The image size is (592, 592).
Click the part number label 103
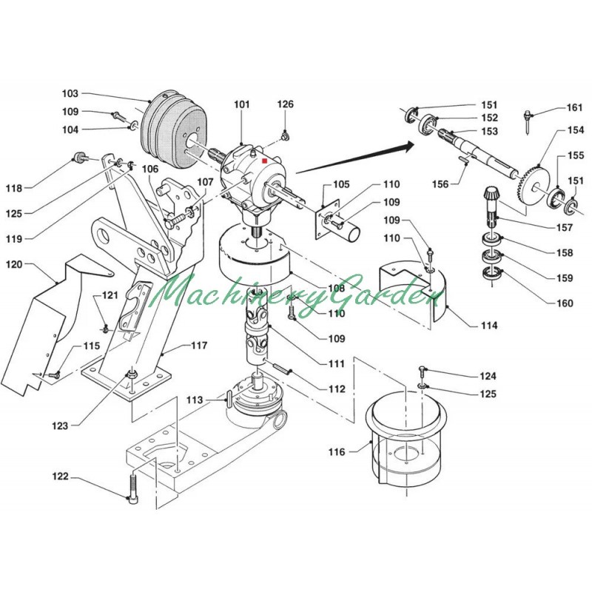70,94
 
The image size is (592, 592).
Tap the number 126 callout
286,104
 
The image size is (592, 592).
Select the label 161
575,108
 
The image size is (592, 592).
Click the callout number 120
16,264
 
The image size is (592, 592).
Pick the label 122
60,476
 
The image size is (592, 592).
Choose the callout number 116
337,451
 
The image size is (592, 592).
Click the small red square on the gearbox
264,158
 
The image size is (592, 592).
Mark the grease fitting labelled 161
528,118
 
